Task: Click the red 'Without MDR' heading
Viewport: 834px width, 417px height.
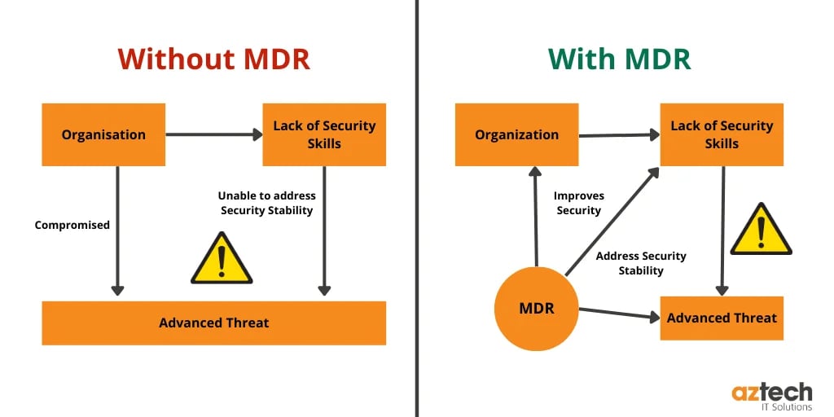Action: pyautogui.click(x=213, y=59)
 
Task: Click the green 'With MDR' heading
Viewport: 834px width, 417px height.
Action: pyautogui.click(x=619, y=59)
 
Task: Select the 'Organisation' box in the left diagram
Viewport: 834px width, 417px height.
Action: pyautogui.click(x=103, y=134)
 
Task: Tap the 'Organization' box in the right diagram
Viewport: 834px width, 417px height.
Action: pyautogui.click(x=516, y=134)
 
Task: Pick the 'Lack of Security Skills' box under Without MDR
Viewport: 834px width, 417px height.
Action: pyautogui.click(x=324, y=134)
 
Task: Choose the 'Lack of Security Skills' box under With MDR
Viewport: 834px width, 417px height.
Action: pyautogui.click(x=721, y=134)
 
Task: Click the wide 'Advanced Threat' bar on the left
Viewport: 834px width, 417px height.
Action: pyautogui.click(x=213, y=323)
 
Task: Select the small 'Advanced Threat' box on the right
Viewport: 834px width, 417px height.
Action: pyautogui.click(x=721, y=318)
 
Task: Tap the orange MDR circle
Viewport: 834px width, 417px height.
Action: pyautogui.click(x=538, y=309)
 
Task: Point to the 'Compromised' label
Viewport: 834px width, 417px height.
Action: pyautogui.click(x=72, y=225)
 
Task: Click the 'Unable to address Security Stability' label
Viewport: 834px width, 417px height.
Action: pyautogui.click(x=266, y=203)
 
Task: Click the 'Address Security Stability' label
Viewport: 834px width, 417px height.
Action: pyautogui.click(x=641, y=263)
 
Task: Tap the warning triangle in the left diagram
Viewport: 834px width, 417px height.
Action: pyautogui.click(x=221, y=259)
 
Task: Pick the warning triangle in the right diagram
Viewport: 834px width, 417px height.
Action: pyautogui.click(x=760, y=230)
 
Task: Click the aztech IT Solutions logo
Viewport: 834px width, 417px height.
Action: pyautogui.click(x=771, y=396)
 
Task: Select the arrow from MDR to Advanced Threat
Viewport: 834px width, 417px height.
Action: pyautogui.click(x=619, y=314)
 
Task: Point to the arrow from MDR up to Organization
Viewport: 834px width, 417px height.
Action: pyautogui.click(x=535, y=216)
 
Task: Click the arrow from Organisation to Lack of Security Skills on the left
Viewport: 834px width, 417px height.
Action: pyautogui.click(x=213, y=134)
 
